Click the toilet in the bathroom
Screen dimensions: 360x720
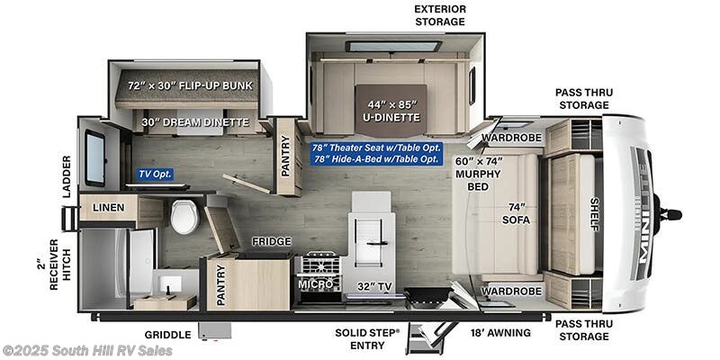coord(184,216)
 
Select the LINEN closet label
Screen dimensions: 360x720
coord(109,208)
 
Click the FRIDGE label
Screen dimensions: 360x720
coord(269,242)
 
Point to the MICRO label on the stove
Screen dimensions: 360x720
coord(316,285)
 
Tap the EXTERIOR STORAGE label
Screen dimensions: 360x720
coord(439,15)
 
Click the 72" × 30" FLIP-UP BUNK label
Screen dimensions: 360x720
coord(191,85)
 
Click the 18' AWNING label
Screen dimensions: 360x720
coord(501,333)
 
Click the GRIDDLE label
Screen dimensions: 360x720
coord(167,334)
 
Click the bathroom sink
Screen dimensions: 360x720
coord(166,284)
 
